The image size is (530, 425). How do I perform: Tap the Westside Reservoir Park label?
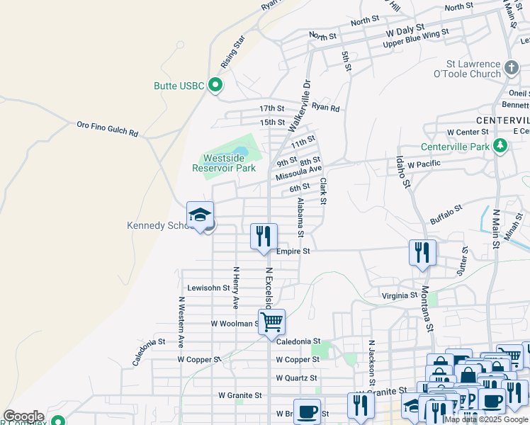(224, 164)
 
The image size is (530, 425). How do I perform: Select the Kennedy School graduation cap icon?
(200, 215)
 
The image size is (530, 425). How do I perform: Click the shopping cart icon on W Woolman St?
(271, 322)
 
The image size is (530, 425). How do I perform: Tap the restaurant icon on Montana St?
(422, 253)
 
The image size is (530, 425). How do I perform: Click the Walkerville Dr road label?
(299, 106)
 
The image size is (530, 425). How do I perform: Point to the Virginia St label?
(400, 295)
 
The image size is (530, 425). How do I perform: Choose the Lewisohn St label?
(208, 288)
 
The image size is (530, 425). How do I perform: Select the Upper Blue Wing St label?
(416, 38)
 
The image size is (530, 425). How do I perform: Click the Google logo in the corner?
(23, 416)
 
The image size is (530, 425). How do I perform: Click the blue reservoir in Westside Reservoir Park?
(239, 152)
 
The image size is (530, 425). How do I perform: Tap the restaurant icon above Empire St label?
(264, 237)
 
